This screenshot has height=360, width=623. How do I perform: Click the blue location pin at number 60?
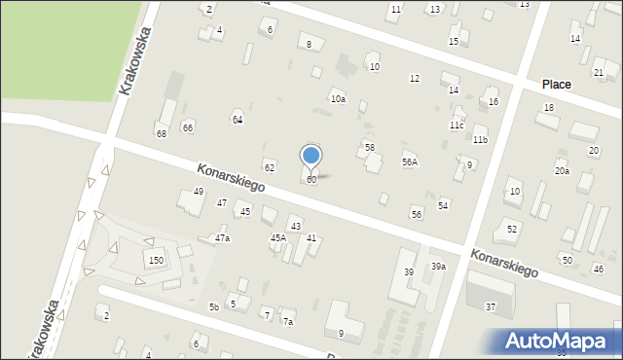pos(311,156)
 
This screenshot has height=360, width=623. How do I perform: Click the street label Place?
pos(557,85)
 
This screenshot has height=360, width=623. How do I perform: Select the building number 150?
pos(156,260)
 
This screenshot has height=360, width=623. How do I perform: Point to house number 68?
pos(162,133)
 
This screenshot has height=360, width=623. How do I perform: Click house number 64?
pos(237,120)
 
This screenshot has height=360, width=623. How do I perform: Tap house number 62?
pos(269,168)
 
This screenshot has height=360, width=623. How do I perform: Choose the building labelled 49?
pos(199,192)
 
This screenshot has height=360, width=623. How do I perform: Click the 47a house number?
pos(223,238)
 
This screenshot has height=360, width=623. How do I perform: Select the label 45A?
pos(277,238)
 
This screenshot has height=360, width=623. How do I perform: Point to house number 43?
pos(295,227)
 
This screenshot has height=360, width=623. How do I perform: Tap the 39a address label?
pos(439,267)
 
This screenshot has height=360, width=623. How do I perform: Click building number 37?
pos(491,307)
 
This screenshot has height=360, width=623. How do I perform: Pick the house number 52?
pos(512,229)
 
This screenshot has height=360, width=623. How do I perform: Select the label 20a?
pos(562,171)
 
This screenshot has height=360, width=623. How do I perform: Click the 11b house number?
pos(480,140)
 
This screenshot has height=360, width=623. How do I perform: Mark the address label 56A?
pos(410,162)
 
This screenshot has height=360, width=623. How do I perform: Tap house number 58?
pos(369,147)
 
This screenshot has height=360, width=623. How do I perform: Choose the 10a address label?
pos(338,99)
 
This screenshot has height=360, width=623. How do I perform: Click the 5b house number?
pos(213,307)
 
